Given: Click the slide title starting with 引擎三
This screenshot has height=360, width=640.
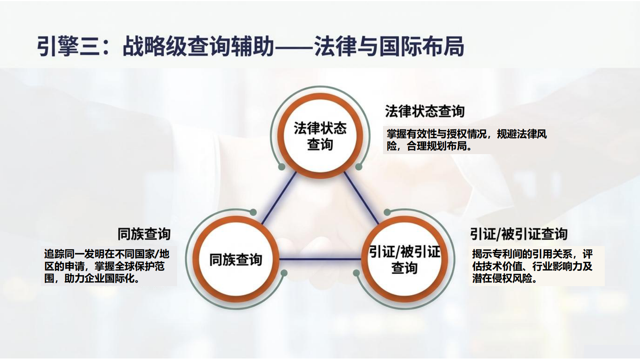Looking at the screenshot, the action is click(x=250, y=46).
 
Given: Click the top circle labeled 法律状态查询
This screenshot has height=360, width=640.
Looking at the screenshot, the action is click(x=320, y=136).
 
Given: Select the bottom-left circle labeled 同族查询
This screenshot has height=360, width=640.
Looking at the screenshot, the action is click(x=236, y=259).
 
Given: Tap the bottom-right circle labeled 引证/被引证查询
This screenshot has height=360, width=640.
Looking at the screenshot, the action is click(x=404, y=259).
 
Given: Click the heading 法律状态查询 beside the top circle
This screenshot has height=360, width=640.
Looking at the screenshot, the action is click(x=425, y=111).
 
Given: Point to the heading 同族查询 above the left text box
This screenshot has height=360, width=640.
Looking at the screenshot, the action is click(x=144, y=234).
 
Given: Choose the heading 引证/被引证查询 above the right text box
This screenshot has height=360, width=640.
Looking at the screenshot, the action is click(x=519, y=234).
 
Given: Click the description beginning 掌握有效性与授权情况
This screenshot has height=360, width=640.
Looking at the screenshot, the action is click(x=467, y=140).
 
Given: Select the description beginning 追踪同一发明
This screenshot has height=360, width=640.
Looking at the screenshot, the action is click(x=107, y=266).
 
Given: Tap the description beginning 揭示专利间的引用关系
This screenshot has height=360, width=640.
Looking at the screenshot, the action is click(x=532, y=266).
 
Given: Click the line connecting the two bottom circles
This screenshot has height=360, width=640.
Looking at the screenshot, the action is click(x=320, y=259).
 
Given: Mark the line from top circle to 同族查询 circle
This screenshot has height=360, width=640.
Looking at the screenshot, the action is click(x=279, y=198).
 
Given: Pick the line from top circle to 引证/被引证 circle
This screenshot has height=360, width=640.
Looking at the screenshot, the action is click(x=361, y=198).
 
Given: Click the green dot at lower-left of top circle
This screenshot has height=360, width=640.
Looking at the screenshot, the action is click(x=282, y=167).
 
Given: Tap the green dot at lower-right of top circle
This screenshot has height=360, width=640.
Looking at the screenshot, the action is click(x=359, y=167).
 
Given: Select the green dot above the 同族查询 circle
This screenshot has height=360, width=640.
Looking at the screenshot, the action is click(x=253, y=212).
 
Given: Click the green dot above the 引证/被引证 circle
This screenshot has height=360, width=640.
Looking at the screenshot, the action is click(x=387, y=212).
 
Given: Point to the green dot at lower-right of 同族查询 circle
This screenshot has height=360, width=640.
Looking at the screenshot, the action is click(x=284, y=273).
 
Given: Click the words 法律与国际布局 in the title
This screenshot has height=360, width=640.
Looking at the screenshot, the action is click(x=389, y=46).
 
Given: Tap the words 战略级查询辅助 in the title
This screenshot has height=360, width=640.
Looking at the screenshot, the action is click(x=198, y=46).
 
